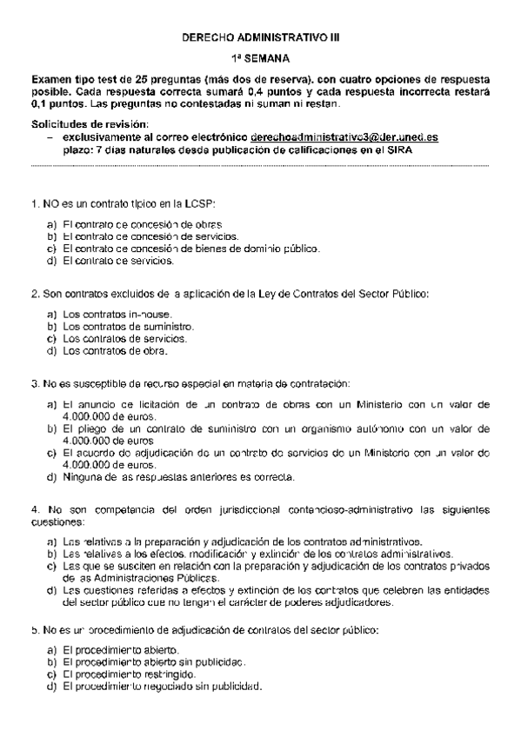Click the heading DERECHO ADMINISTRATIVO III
[261, 38]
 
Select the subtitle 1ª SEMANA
[261, 58]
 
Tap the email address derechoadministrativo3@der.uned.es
[344, 137]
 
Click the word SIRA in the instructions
[400, 149]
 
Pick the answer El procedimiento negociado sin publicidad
[161, 687]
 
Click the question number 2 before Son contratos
[33, 293]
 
